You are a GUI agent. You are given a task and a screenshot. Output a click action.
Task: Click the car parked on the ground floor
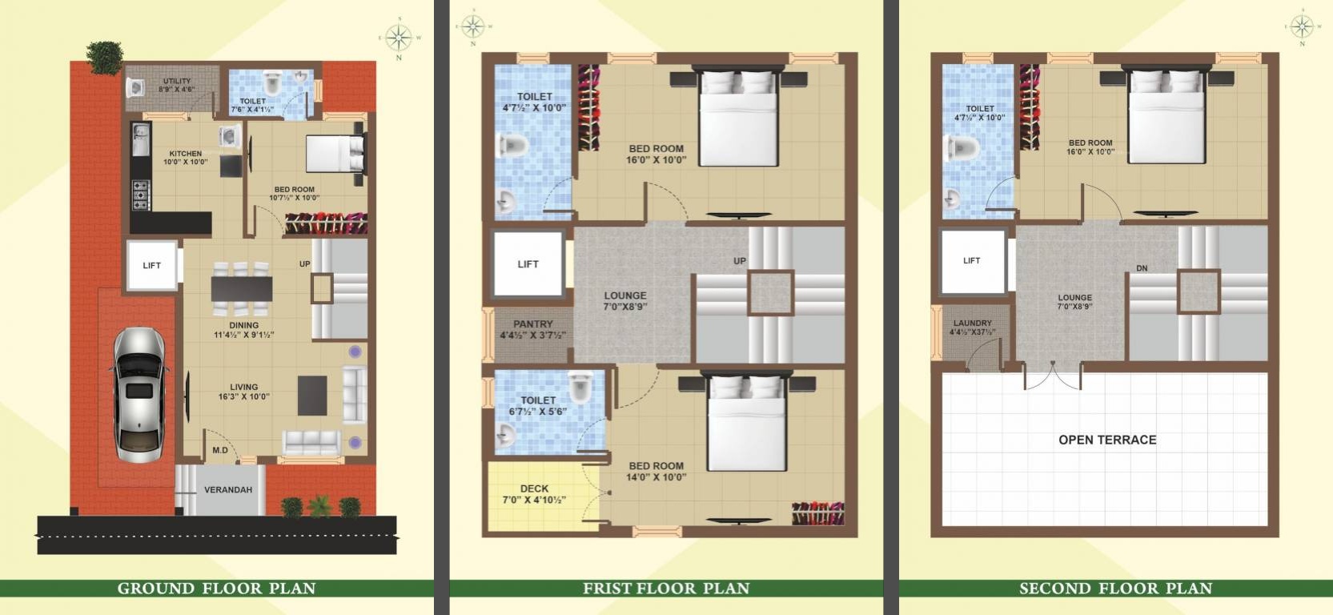[x=139, y=395]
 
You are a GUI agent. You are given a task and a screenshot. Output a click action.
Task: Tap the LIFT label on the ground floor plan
[x=152, y=266]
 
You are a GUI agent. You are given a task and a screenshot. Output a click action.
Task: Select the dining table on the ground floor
[x=242, y=289]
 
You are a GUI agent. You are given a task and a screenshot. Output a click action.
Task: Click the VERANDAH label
[x=228, y=490]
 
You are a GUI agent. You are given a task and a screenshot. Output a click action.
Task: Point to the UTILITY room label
[x=177, y=81]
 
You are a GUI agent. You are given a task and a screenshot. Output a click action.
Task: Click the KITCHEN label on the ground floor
[x=185, y=154]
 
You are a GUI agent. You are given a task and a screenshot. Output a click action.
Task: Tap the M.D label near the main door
[x=220, y=450]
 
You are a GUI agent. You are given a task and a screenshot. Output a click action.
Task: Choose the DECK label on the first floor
[x=534, y=488]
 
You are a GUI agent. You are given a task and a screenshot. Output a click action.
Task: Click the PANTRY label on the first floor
[x=533, y=324]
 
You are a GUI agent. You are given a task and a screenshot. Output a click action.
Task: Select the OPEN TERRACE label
[x=1107, y=440]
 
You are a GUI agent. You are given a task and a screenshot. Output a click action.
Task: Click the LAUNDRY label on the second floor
[x=973, y=324]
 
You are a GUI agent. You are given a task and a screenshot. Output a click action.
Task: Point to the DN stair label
[x=1142, y=268]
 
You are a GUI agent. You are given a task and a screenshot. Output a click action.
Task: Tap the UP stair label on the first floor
[x=740, y=261]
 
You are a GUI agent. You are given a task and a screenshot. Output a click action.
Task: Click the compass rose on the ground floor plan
[x=399, y=38]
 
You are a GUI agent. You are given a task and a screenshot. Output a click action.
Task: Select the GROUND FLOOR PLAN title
[x=217, y=589]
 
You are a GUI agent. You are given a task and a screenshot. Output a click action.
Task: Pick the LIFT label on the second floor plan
[x=972, y=261]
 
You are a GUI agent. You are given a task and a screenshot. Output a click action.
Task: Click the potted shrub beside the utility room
[x=105, y=57]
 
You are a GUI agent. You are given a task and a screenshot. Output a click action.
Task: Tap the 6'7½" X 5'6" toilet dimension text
[x=537, y=412]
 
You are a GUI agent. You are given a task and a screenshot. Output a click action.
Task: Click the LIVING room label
[x=244, y=387]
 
